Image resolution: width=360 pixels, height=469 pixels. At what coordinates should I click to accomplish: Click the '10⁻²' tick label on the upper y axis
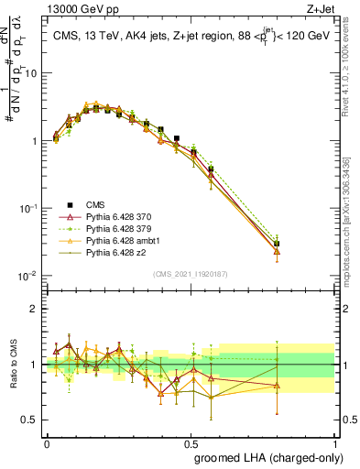[27, 276]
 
